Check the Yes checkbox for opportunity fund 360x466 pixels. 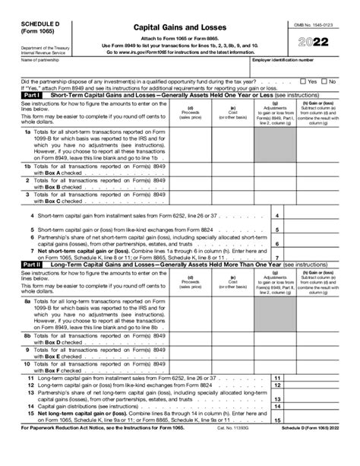pos(303,81)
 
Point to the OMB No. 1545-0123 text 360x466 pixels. pos(314,25)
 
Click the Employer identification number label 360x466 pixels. pos(283,59)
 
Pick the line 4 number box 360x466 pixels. pos(276,216)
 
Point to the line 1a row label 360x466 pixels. pos(27,132)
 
